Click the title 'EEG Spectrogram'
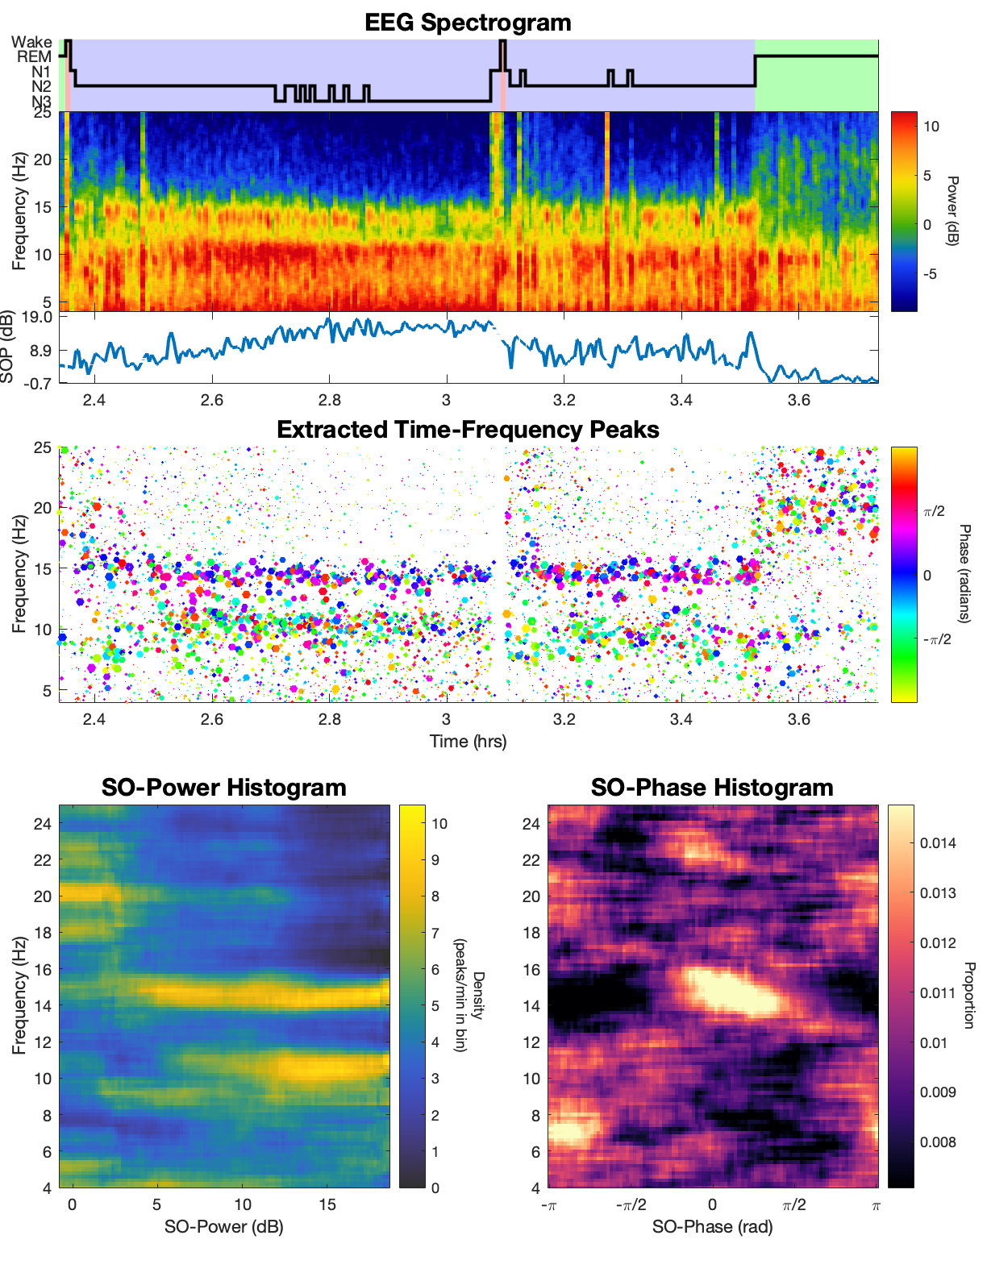click(468, 22)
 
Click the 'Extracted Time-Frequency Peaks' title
click(468, 430)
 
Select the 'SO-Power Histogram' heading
click(223, 788)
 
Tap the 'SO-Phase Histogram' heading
click(712, 788)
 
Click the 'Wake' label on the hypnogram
click(32, 42)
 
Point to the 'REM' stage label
click(34, 56)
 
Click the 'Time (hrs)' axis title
click(468, 741)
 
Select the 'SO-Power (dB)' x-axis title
click(223, 1227)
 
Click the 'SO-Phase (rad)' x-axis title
click(712, 1227)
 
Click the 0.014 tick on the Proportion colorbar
click(938, 843)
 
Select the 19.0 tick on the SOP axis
click(37, 317)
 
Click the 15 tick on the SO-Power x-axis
click(327, 1204)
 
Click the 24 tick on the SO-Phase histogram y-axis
click(531, 823)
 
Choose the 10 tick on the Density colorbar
click(439, 823)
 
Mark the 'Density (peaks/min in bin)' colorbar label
click(469, 995)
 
